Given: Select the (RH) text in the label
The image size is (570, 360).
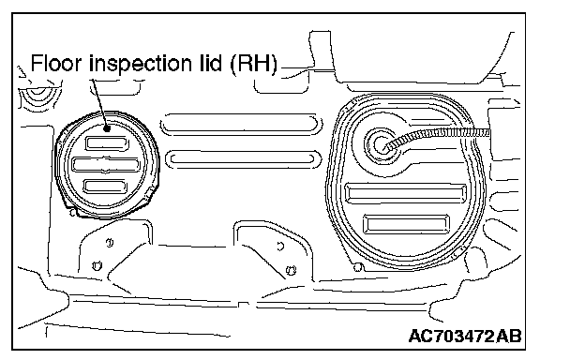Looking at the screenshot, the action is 253,64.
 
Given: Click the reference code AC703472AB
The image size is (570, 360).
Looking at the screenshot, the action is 465,336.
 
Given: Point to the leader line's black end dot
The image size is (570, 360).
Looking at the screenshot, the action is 107,128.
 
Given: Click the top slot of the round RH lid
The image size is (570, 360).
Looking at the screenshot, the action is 107,143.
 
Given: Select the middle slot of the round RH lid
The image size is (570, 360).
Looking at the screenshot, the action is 106,164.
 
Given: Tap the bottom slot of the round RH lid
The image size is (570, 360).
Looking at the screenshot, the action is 105,187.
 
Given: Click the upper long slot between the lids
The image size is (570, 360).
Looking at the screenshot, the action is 241,124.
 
